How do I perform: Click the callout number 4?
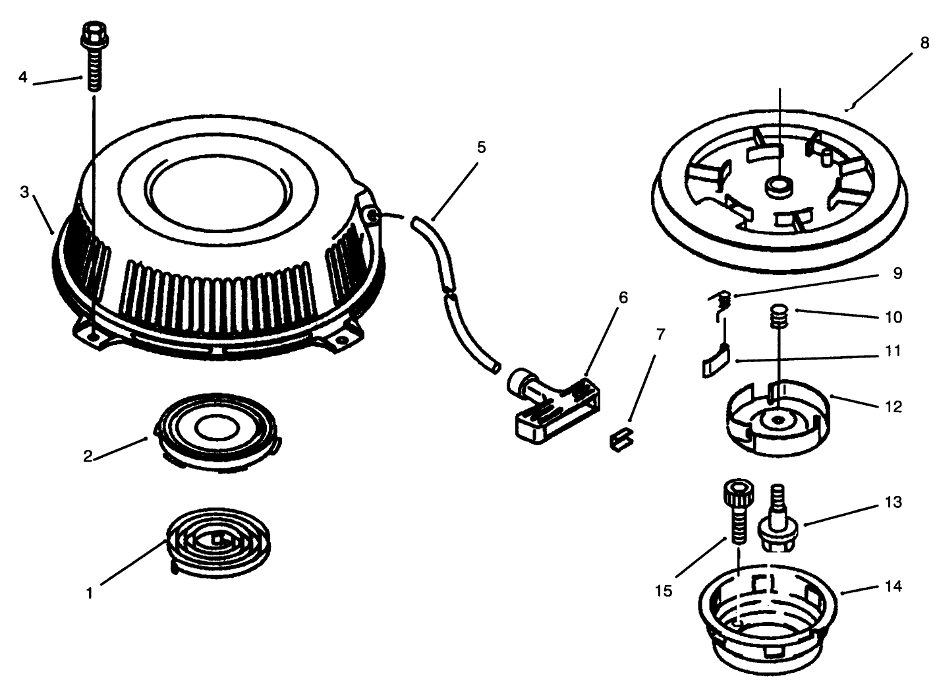23,77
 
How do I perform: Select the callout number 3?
24,192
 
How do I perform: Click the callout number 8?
924,43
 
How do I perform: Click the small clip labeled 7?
621,438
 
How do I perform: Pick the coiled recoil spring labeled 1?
218,542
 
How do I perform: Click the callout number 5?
482,148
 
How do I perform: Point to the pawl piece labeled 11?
716,360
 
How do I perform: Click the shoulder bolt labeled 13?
778,519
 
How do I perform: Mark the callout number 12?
894,407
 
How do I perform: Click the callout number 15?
664,591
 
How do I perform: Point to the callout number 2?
88,456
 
